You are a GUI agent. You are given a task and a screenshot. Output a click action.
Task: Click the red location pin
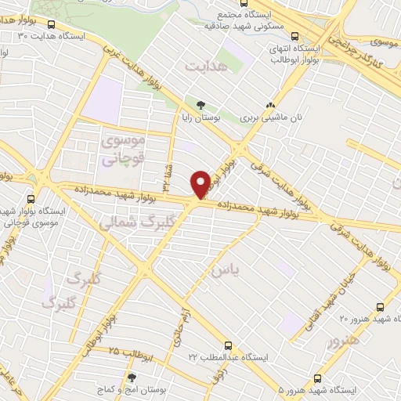[200, 183]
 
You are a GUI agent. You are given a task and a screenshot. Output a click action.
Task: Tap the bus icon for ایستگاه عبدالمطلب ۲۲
[229, 345]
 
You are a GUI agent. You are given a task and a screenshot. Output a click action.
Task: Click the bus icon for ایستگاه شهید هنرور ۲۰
[380, 307]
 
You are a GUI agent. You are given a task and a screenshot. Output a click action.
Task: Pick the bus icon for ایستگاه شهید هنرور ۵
[316, 378]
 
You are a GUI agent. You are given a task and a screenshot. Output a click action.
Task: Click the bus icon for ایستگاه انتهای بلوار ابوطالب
[294, 36]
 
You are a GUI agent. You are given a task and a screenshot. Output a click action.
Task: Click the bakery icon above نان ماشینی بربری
[270, 104]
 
